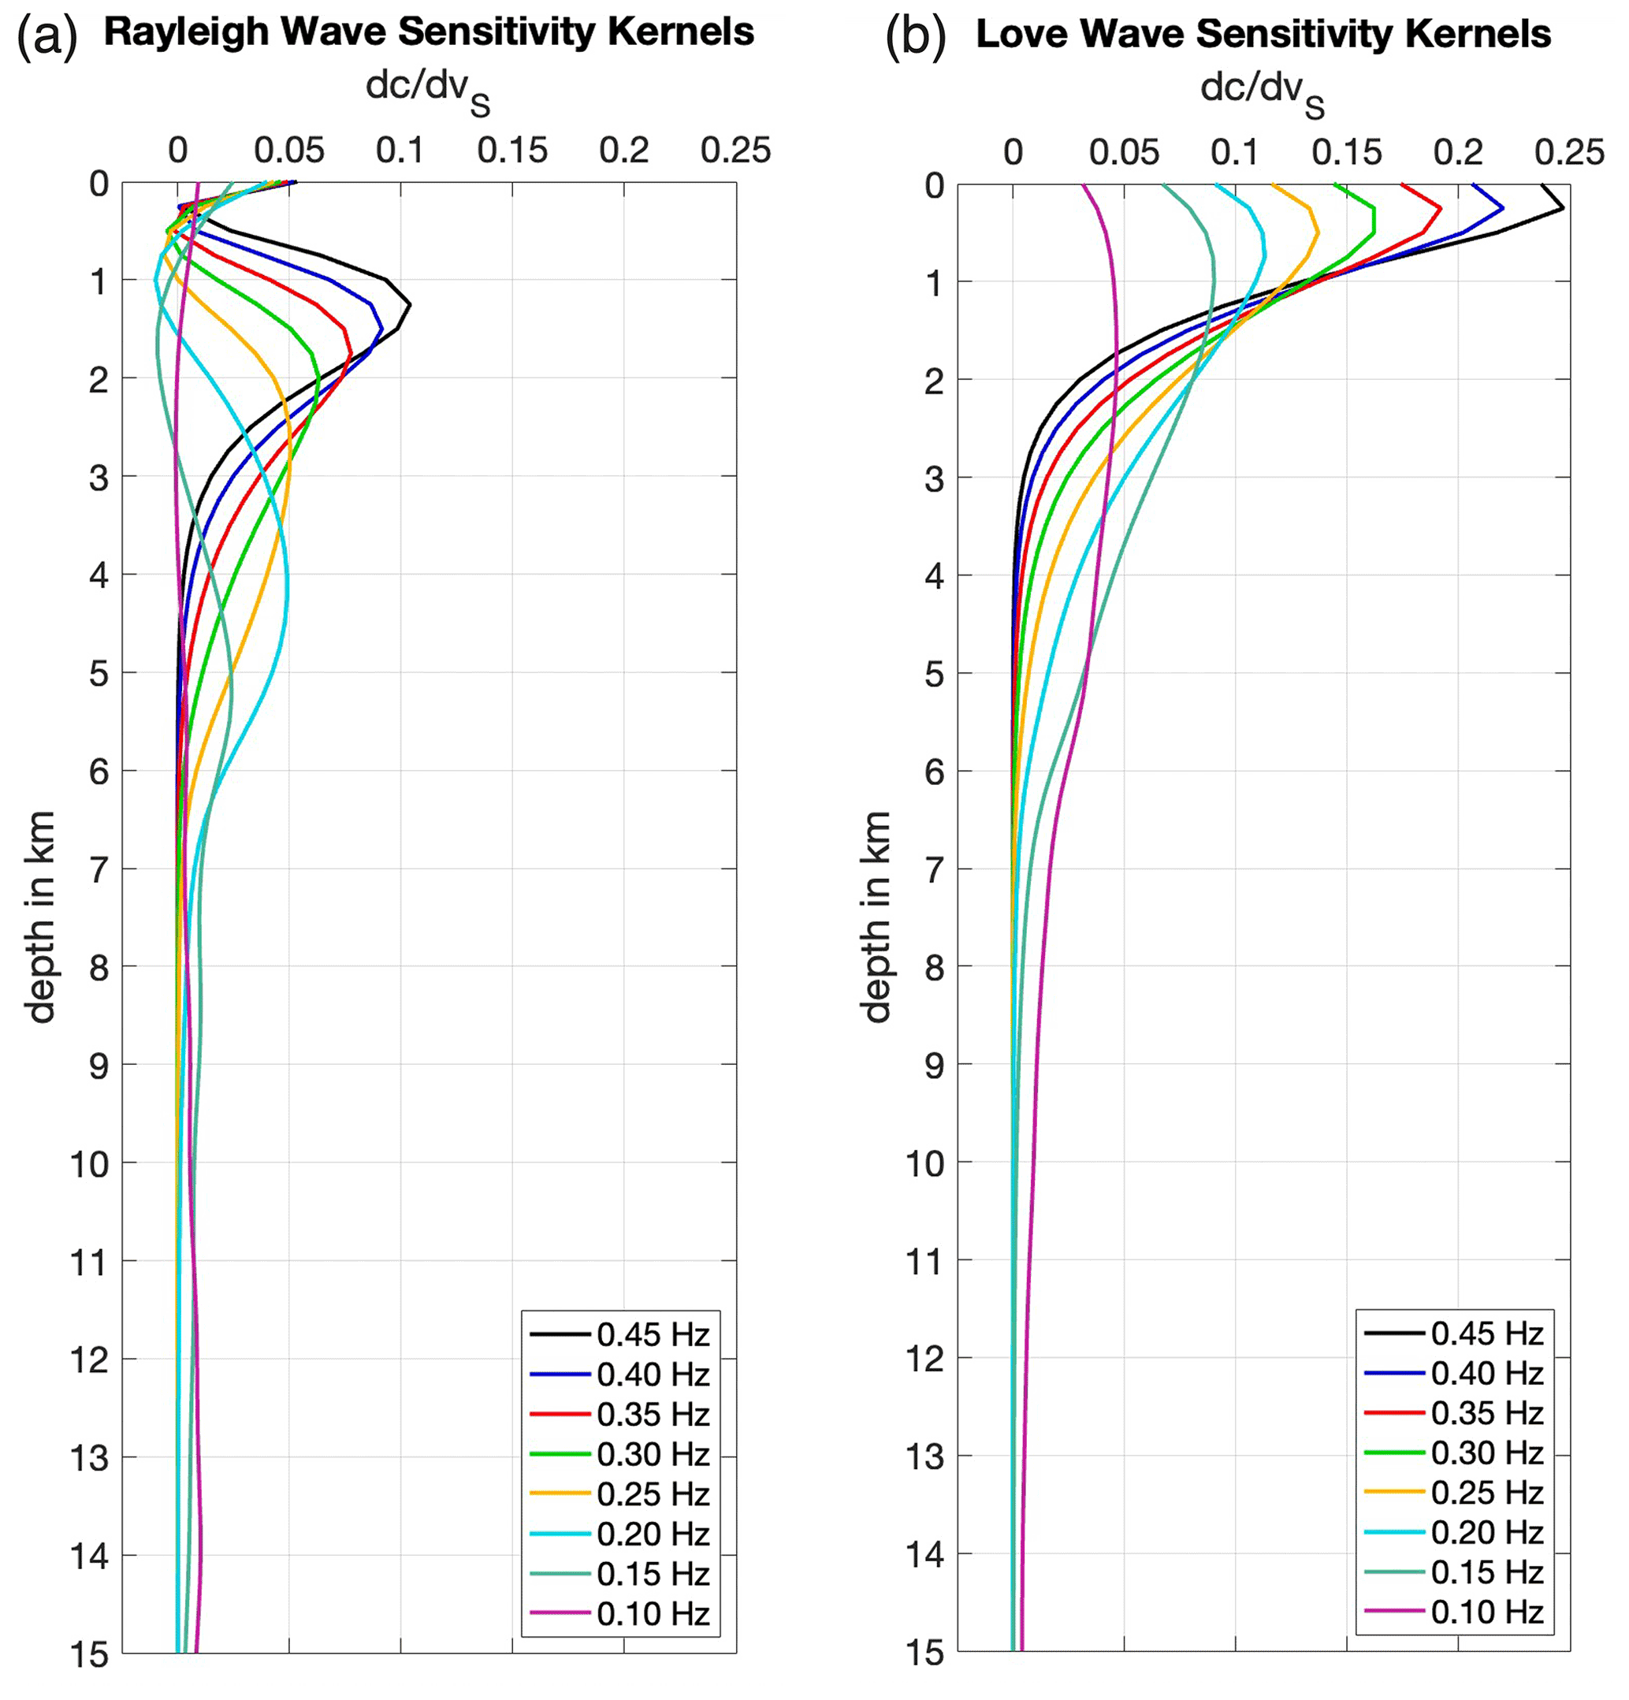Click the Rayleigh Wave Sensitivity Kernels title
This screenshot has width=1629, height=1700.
(429, 33)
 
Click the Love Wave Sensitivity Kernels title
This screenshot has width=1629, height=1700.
(1263, 35)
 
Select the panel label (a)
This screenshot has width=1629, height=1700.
(46, 36)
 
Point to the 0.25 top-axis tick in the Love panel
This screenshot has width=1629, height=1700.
(1569, 153)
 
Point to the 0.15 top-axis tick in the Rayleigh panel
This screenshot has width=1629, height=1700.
(511, 151)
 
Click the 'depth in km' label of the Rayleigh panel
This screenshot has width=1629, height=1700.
(40, 916)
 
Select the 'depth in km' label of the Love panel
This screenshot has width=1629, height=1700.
(876, 916)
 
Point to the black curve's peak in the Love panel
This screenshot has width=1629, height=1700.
(1563, 208)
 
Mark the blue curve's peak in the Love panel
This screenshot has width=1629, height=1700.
(1502, 208)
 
